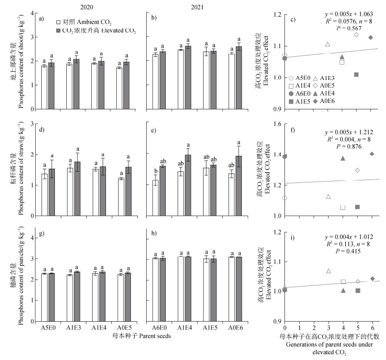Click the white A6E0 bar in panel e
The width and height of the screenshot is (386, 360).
(155, 198)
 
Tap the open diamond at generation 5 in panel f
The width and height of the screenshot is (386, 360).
(357, 170)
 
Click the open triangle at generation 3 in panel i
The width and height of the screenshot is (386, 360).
(328, 271)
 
